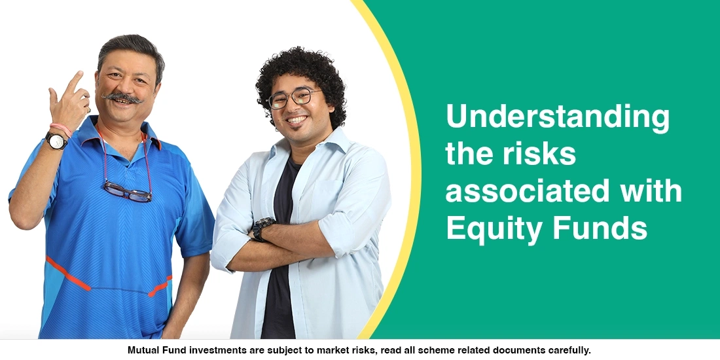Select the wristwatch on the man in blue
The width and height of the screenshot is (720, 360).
click(56, 140)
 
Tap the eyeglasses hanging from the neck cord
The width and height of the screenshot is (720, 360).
click(127, 191)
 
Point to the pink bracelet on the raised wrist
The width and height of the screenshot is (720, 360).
click(60, 128)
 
